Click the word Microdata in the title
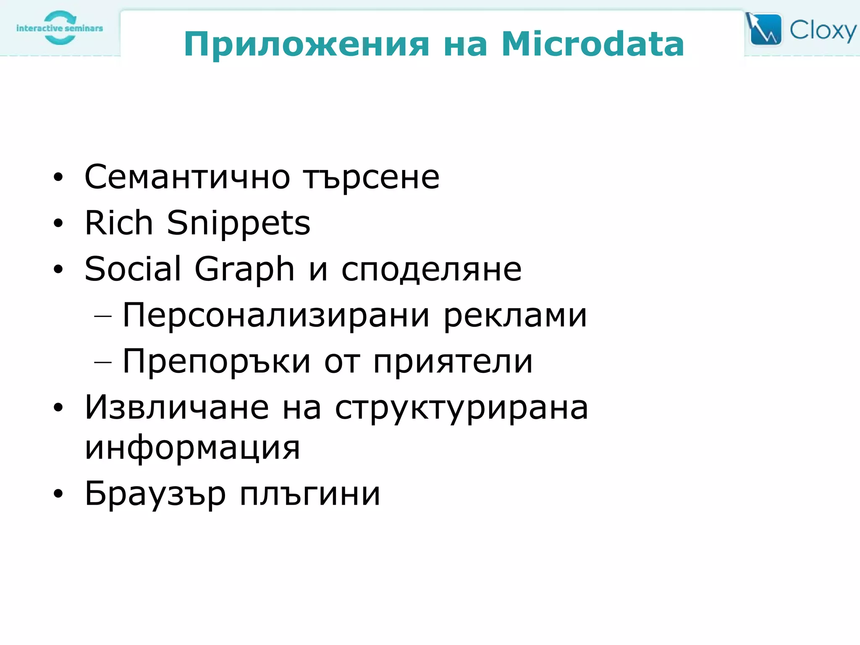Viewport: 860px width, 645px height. click(x=593, y=44)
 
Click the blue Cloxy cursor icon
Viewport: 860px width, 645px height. click(x=764, y=29)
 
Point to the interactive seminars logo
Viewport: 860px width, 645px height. click(x=60, y=28)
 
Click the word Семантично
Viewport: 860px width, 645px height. click(x=187, y=177)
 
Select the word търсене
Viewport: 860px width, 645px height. click(x=371, y=177)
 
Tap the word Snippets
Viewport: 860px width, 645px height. click(x=239, y=223)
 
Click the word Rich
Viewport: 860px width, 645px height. click(x=118, y=223)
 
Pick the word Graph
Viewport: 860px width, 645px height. click(x=244, y=269)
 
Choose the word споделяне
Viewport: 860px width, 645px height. click(x=431, y=269)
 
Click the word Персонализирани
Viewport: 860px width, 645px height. click(x=276, y=315)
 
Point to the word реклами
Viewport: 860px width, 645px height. click(x=515, y=315)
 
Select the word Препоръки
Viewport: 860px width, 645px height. click(x=216, y=362)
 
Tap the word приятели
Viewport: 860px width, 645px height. click(x=453, y=362)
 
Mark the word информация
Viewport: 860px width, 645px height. click(x=192, y=448)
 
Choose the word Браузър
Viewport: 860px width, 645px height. click(x=155, y=494)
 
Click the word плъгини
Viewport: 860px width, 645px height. click(x=310, y=494)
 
